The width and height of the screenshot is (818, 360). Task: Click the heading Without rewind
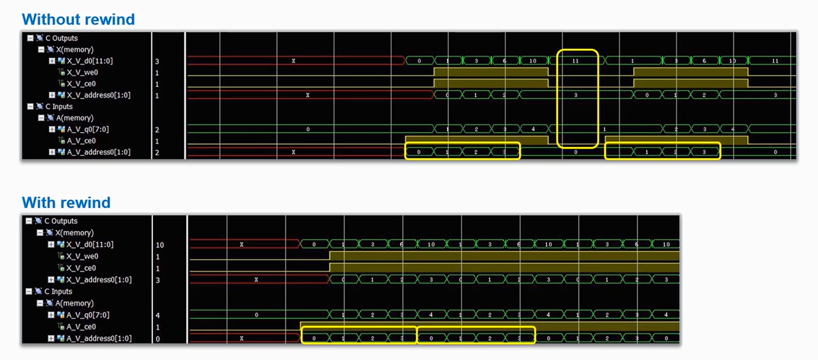point(78,20)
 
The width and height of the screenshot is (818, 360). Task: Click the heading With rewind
point(66,203)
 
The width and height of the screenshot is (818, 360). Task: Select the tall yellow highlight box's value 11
point(575,61)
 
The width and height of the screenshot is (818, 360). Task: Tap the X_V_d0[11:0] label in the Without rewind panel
point(90,61)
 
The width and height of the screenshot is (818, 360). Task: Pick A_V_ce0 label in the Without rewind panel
point(82,141)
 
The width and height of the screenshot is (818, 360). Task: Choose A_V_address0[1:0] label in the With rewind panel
point(99,338)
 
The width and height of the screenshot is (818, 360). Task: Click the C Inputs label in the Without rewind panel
point(58,107)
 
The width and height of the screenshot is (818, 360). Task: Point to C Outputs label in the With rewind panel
point(60,221)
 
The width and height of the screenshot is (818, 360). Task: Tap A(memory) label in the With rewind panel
point(74,303)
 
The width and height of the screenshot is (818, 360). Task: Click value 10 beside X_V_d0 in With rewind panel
point(160,245)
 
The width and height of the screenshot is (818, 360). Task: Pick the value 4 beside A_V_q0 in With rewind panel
point(158,315)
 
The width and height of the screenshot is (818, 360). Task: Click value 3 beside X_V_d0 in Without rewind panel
point(157,61)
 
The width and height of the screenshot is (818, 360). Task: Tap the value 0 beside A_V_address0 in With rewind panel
point(158,339)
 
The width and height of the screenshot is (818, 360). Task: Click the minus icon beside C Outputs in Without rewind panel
point(30,38)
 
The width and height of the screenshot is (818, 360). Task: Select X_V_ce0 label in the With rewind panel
point(81,268)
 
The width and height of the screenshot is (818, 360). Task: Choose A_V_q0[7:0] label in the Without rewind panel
point(88,129)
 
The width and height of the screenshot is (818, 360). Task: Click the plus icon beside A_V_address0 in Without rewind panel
point(52,152)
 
